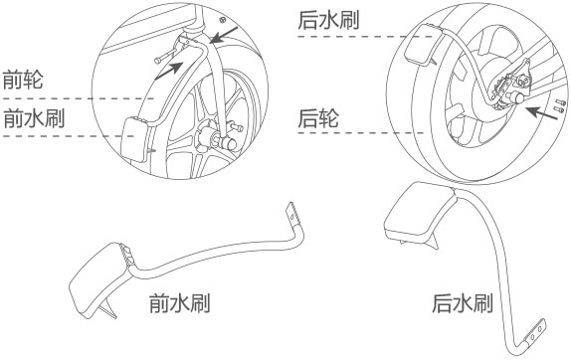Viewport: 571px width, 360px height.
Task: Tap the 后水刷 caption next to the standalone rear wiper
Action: (x=462, y=303)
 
